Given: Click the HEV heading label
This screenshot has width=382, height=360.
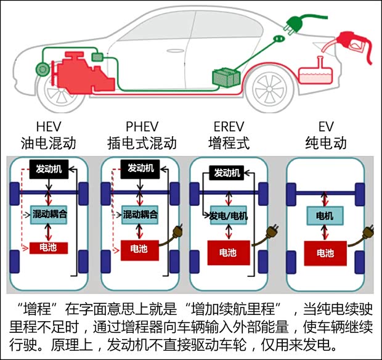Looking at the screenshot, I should pyautogui.click(x=48, y=127).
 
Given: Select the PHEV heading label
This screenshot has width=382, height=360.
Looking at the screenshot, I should pyautogui.click(x=142, y=127).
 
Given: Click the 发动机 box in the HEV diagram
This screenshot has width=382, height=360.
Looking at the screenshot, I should pyautogui.click(x=49, y=168).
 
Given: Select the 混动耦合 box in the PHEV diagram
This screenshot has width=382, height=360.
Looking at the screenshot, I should pyautogui.click(x=140, y=215).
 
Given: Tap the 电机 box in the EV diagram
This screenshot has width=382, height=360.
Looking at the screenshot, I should pyautogui.click(x=325, y=217).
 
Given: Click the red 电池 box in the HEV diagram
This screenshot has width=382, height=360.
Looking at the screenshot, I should pyautogui.click(x=49, y=248).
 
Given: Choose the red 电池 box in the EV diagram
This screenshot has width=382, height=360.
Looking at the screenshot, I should pyautogui.click(x=325, y=253).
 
